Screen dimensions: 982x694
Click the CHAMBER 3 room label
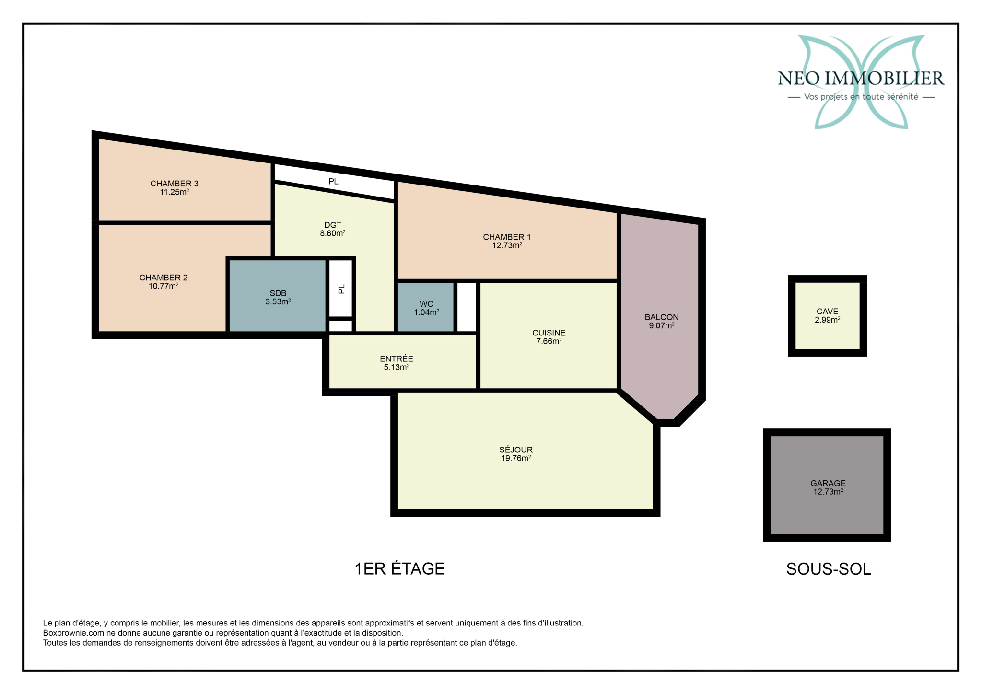[x=174, y=184]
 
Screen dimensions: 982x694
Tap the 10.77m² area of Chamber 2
[x=164, y=286]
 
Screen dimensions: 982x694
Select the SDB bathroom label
[x=278, y=293]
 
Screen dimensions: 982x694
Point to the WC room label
[x=426, y=304]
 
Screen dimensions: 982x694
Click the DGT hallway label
[x=333, y=225]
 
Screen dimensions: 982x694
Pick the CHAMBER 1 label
[x=507, y=237]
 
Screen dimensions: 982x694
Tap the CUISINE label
[x=549, y=333]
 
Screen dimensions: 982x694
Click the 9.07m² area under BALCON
[x=662, y=325]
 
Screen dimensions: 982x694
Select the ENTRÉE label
[x=397, y=359]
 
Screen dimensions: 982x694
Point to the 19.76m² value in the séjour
[x=516, y=458]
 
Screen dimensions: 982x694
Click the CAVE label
[x=828, y=312]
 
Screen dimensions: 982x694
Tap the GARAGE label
[x=828, y=484]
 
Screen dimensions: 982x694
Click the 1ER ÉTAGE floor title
[x=399, y=568]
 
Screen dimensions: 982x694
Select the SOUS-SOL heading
[x=829, y=569]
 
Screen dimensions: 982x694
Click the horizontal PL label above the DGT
[x=333, y=182]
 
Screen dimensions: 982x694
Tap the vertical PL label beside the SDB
[x=341, y=289]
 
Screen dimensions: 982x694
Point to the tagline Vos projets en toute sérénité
[x=861, y=97]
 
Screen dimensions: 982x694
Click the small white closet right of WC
[x=467, y=307]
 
